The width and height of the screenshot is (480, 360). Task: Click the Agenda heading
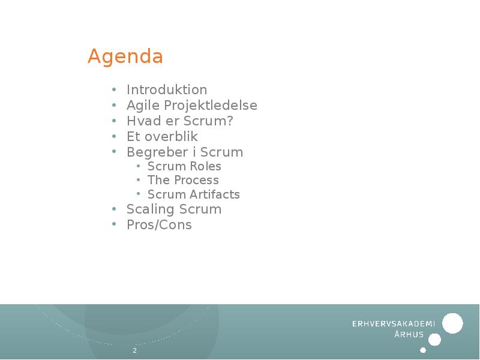125,57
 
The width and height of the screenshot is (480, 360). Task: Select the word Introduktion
167,90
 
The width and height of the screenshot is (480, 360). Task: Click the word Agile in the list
139,106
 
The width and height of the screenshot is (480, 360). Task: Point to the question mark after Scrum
230,121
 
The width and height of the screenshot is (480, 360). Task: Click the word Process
196,181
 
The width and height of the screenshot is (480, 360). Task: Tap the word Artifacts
215,194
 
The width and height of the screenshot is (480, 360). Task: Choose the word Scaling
148,209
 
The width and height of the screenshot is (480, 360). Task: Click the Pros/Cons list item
159,225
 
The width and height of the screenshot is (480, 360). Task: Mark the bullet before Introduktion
113,91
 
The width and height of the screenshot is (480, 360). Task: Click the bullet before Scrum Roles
138,167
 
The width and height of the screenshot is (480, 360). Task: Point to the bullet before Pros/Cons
113,226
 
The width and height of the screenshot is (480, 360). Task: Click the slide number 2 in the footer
134,350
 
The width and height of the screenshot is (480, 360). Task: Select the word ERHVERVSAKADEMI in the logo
393,323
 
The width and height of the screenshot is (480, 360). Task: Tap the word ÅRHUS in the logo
409,335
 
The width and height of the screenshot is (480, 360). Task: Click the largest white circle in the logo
452,323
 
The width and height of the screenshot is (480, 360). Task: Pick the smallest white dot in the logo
423,350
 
